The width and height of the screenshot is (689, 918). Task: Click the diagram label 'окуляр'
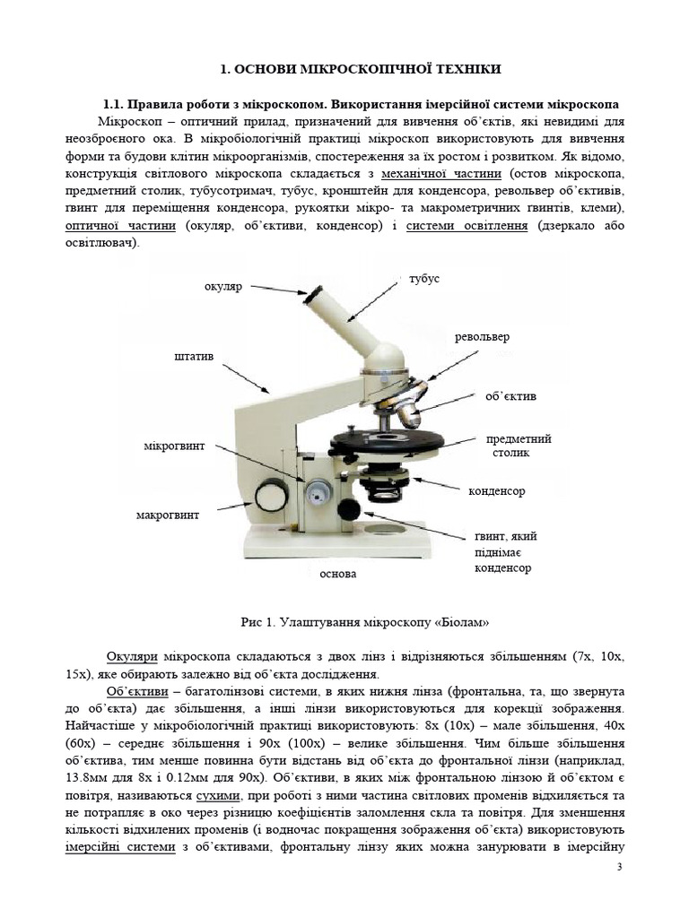click(224, 287)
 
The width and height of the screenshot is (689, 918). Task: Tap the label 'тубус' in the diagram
click(424, 280)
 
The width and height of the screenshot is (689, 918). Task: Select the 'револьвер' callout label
click(482, 337)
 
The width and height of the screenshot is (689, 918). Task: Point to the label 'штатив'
click(194, 357)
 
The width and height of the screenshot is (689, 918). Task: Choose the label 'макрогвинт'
click(168, 515)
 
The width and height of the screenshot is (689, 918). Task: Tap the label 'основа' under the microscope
click(338, 573)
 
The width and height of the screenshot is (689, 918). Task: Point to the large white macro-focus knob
click(268, 496)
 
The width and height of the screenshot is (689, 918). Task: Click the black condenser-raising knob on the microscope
click(348, 509)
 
